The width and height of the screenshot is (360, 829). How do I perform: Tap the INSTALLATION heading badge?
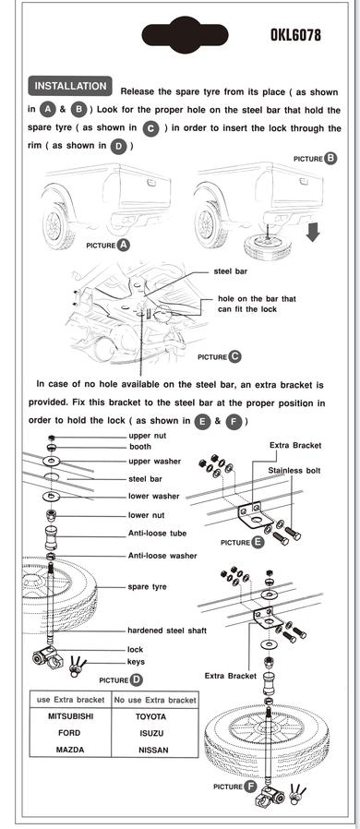70,87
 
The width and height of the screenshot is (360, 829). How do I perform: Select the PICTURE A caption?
107,246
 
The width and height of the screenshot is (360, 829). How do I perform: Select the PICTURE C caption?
219,356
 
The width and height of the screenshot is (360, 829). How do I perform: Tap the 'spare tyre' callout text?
147,586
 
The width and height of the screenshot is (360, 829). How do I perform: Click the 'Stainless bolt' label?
294,470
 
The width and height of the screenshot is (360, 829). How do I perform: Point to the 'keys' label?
136,662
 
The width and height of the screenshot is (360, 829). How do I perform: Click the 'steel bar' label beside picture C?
230,272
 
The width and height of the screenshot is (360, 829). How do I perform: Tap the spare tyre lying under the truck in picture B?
269,245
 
